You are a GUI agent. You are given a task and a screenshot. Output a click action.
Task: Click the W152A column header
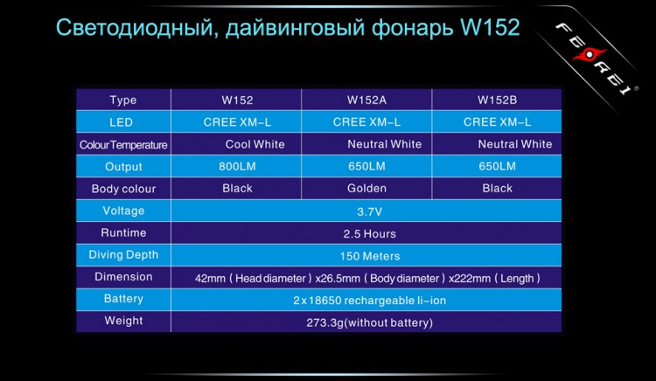tap(366, 100)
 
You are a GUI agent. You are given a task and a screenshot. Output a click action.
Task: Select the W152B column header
tap(497, 100)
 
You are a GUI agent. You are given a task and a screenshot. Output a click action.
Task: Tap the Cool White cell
tap(255, 144)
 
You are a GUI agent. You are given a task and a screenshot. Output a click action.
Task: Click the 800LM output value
tap(237, 166)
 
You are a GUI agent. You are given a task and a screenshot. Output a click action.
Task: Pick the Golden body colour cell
tap(366, 188)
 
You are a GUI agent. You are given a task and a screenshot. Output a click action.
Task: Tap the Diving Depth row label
tap(123, 255)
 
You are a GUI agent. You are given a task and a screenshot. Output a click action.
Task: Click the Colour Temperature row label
tap(123, 145)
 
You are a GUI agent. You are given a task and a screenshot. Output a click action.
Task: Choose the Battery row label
tap(123, 299)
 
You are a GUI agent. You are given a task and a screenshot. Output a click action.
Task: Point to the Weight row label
tap(123, 321)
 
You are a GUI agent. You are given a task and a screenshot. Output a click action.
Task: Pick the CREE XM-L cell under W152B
tap(497, 122)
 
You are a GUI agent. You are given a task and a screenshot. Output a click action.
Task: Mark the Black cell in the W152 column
tap(237, 188)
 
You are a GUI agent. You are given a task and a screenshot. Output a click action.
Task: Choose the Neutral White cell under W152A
tap(384, 144)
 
